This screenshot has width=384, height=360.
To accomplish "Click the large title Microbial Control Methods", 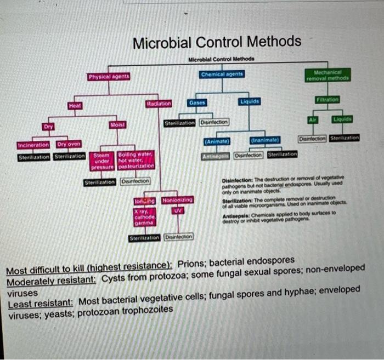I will [217, 42].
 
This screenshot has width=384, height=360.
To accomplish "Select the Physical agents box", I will [109, 77].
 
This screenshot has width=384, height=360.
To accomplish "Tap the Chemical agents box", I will [222, 73].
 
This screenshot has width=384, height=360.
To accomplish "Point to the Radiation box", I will [159, 104].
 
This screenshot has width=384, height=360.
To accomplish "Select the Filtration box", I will [329, 100].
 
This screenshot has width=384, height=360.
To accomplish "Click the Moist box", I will [116, 125].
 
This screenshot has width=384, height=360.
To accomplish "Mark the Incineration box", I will [33, 145].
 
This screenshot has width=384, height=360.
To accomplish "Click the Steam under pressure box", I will [102, 160].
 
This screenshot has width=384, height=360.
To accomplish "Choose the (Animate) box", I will [216, 142].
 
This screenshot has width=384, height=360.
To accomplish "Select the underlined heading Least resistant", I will [41, 302].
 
